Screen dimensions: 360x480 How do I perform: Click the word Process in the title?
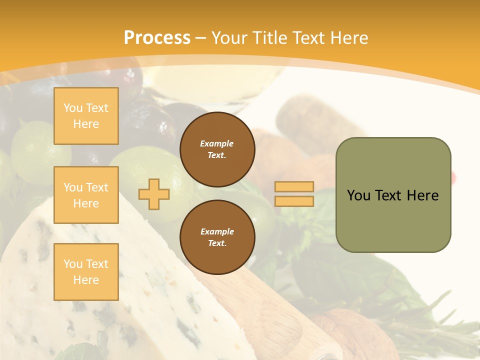coord(157,38)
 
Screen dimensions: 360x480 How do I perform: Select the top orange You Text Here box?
coord(86,116)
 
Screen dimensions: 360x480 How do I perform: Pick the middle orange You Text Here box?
coord(86,195)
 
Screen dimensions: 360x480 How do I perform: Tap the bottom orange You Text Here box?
coord(86,272)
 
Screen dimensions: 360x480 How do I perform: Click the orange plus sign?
coord(154,194)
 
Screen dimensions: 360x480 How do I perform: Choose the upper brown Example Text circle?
coord(217,149)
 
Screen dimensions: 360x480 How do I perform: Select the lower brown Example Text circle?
coord(217,237)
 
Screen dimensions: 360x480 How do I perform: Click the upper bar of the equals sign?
coord(294,187)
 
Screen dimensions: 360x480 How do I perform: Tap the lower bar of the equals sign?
coord(294,201)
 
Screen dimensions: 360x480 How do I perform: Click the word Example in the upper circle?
coord(217,143)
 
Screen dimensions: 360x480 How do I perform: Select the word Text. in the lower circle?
coord(217,243)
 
